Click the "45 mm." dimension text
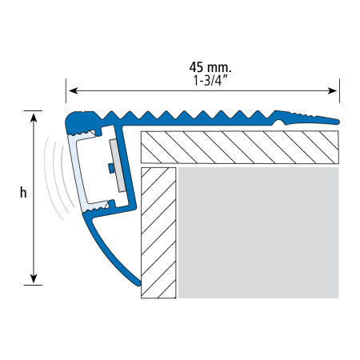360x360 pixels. (210, 67)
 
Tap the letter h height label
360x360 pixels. (23, 192)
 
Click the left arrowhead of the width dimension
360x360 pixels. (73, 90)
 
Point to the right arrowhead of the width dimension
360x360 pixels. (333, 90)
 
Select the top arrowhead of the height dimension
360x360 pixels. (34, 118)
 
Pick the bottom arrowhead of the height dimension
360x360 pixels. (34, 278)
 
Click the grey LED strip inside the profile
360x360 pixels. (118, 166)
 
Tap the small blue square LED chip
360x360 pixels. (111, 168)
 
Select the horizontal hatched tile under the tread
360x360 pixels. (240, 147)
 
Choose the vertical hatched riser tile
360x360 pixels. (158, 233)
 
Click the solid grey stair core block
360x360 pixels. (258, 233)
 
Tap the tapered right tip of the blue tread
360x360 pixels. (338, 122)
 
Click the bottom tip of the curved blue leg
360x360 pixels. (138, 283)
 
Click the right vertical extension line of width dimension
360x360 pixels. (339, 90)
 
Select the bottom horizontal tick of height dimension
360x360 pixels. (33, 285)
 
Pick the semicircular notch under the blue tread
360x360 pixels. (280, 123)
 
